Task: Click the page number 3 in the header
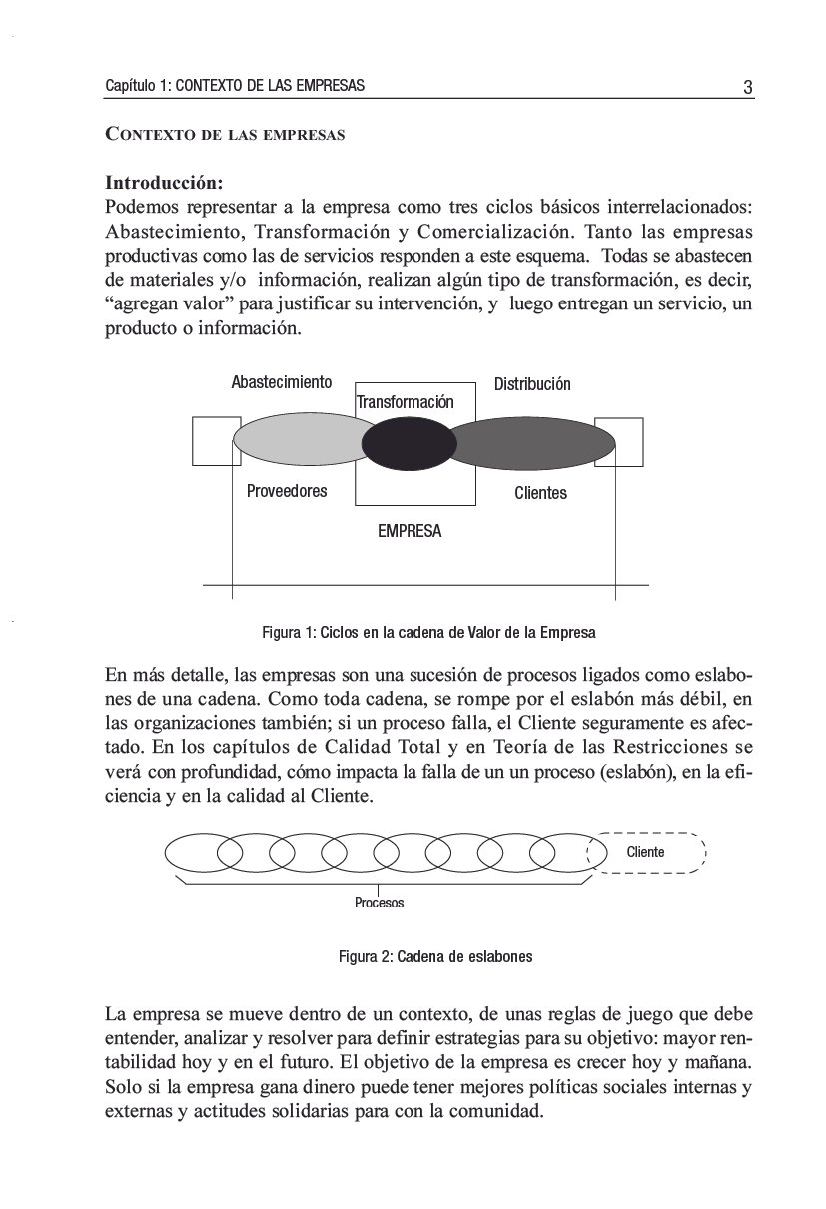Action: pyautogui.click(x=747, y=87)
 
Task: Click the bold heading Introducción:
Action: pyautogui.click(x=164, y=184)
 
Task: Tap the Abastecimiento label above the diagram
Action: pyautogui.click(x=281, y=382)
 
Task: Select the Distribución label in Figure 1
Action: pyautogui.click(x=532, y=384)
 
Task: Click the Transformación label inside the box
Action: pyautogui.click(x=405, y=402)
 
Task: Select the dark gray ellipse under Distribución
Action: pyautogui.click(x=534, y=442)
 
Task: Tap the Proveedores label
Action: pyautogui.click(x=286, y=491)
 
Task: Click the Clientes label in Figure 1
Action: pyautogui.click(x=540, y=493)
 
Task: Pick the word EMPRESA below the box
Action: pyautogui.click(x=409, y=532)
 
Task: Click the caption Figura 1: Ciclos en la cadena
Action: pyautogui.click(x=428, y=633)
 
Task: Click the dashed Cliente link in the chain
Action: pyautogui.click(x=647, y=852)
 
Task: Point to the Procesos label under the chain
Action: pyautogui.click(x=379, y=903)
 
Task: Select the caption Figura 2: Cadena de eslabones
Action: pyautogui.click(x=435, y=956)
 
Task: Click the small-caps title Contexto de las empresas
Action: pyautogui.click(x=225, y=135)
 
